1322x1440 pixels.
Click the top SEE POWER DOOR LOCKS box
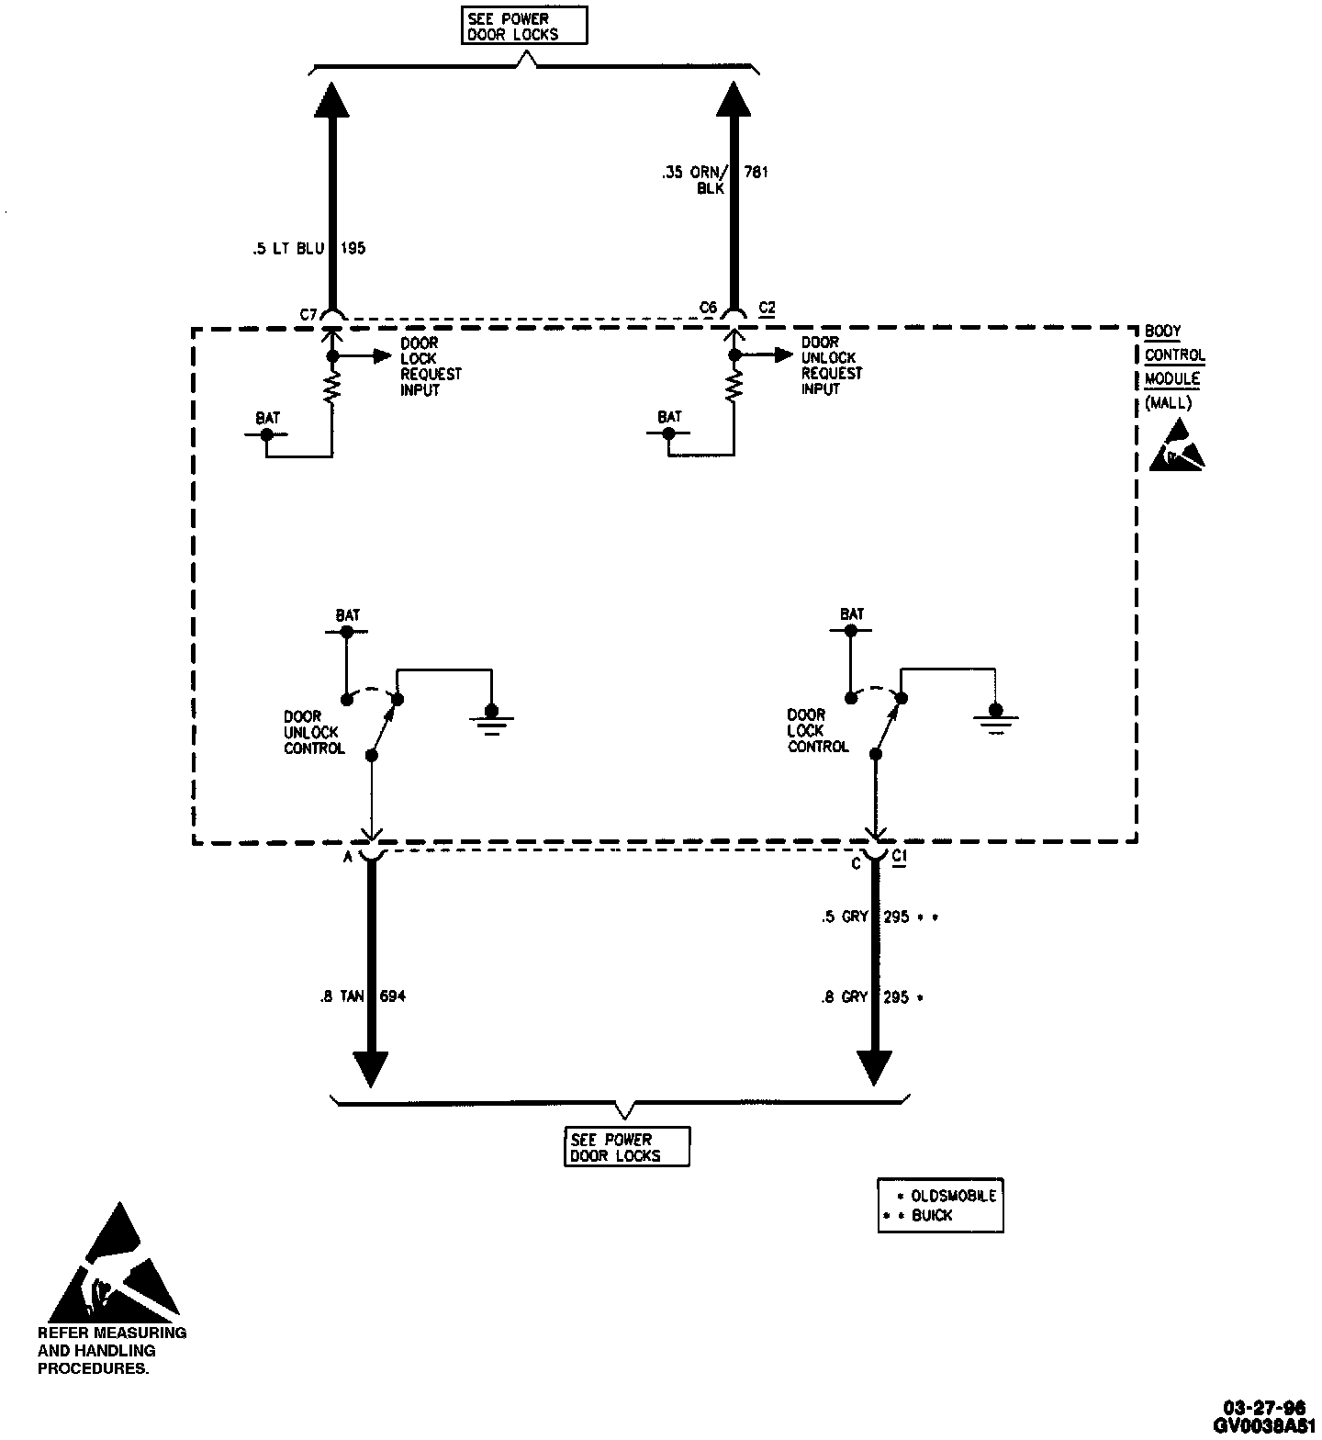(523, 26)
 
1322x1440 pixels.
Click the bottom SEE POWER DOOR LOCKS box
(626, 1147)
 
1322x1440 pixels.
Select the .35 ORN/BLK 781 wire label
(714, 178)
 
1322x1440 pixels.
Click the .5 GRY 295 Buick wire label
(879, 917)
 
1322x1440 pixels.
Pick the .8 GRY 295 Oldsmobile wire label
(872, 996)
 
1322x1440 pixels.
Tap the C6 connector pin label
(707, 309)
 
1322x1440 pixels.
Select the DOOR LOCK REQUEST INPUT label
(431, 366)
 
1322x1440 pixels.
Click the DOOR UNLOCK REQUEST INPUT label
(832, 366)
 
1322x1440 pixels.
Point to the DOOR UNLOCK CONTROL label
(313, 732)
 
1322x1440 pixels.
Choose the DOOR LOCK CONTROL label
(818, 731)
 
